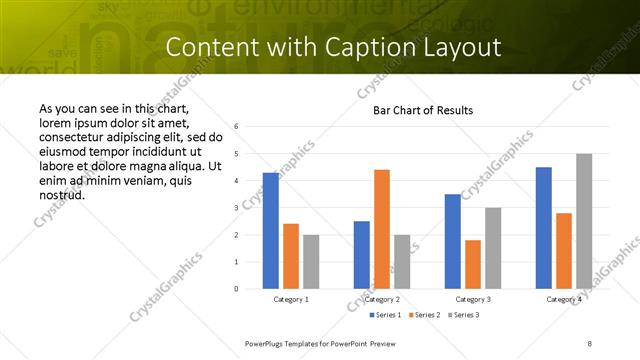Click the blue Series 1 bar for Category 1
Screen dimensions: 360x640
[x=271, y=231]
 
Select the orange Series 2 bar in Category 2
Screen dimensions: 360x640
[x=382, y=229]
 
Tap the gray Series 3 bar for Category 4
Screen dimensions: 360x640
[x=584, y=221]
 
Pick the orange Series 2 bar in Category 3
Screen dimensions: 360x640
[x=473, y=264]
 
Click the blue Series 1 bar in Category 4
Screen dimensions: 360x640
[x=544, y=228]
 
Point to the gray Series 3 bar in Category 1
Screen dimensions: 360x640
[x=311, y=262]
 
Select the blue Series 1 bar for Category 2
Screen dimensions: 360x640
[x=362, y=255]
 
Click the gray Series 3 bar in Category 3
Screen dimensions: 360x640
[x=493, y=248]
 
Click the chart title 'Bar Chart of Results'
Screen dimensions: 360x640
[x=423, y=110]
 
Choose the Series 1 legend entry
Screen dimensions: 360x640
[x=386, y=315]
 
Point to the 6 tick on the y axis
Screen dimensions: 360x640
[x=236, y=127]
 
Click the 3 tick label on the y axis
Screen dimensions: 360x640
[x=236, y=208]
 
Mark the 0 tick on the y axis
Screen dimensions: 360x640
[x=236, y=289]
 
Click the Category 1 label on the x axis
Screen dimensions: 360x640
[x=291, y=299]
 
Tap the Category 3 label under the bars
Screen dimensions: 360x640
[x=473, y=299]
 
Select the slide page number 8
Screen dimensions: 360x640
[x=589, y=343]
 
